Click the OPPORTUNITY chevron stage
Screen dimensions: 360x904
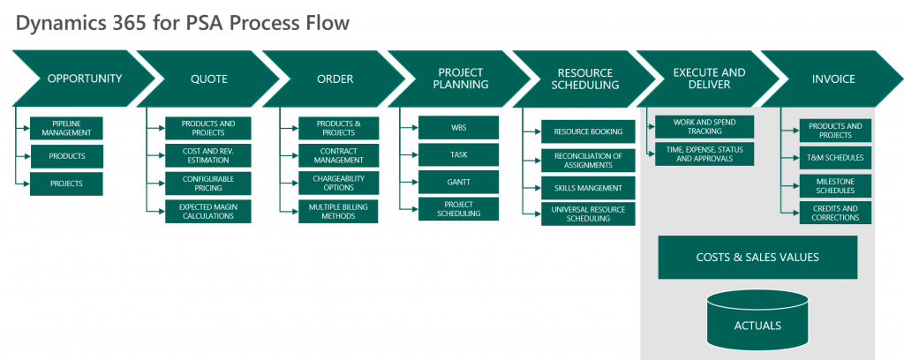pos(83,79)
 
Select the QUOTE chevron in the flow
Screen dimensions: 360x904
pos(208,79)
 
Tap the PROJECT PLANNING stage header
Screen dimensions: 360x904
pos(463,79)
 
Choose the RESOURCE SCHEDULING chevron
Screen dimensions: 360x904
pos(587,79)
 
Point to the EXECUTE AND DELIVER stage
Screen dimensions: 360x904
pos(708,79)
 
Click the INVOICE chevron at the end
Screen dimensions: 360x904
pos(833,79)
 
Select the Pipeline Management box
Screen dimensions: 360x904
pos(66,128)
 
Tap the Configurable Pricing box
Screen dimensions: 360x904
pos(207,184)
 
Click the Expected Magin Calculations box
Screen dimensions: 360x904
pos(207,211)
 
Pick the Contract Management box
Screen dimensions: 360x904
pos(338,156)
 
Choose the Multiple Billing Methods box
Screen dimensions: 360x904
pos(338,211)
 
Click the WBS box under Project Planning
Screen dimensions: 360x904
pos(459,128)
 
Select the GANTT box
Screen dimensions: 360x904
pos(459,183)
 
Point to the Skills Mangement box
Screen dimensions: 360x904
pos(588,188)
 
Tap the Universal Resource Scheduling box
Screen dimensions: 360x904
pos(588,214)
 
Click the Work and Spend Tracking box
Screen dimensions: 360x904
pos(704,126)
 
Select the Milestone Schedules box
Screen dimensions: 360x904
pos(835,185)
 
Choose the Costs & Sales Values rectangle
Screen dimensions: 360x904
pos(757,257)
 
